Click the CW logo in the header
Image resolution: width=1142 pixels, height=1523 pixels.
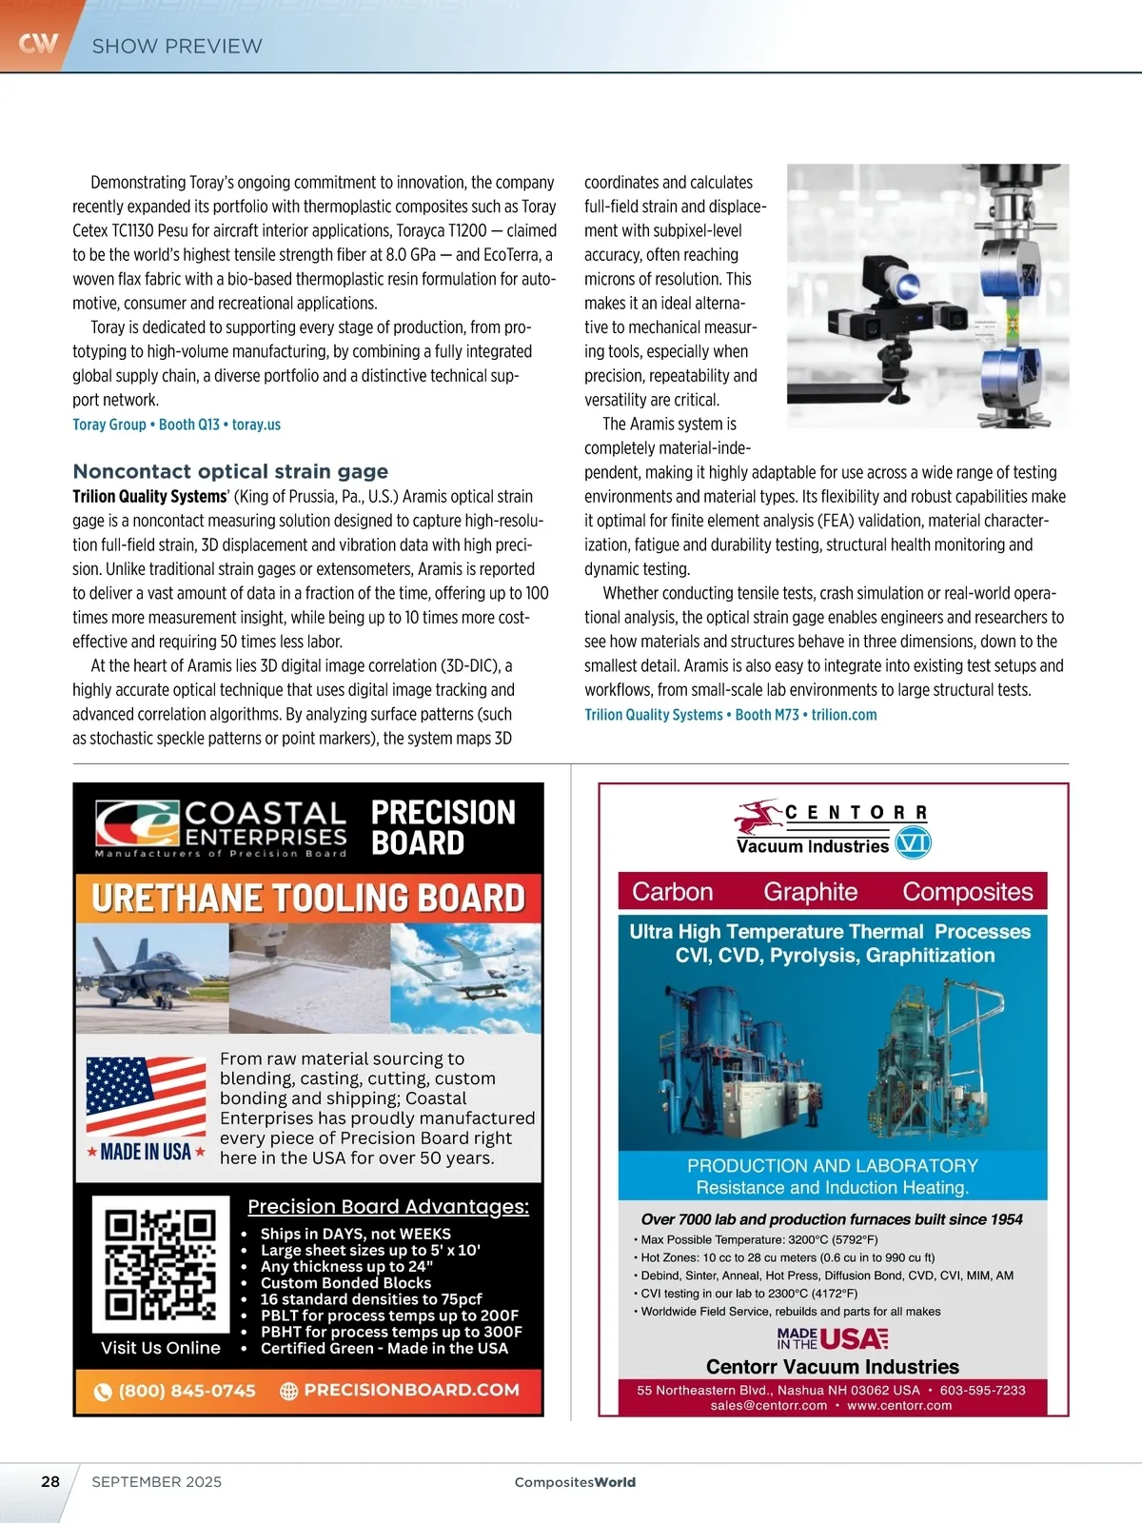pyautogui.click(x=38, y=43)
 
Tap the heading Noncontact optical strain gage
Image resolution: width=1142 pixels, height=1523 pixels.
pyautogui.click(x=230, y=471)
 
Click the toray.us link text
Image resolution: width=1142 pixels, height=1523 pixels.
pyautogui.click(x=256, y=425)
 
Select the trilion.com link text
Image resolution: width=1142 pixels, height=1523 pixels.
pyautogui.click(x=844, y=715)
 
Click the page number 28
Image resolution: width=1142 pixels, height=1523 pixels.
pyautogui.click(x=50, y=1481)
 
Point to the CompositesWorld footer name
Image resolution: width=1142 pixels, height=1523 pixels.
pyautogui.click(x=575, y=1482)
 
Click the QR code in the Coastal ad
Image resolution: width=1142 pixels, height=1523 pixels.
pyautogui.click(x=161, y=1263)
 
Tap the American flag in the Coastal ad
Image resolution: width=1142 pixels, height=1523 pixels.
pyautogui.click(x=146, y=1097)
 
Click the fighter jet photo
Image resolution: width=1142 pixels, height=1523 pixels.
pyautogui.click(x=152, y=979)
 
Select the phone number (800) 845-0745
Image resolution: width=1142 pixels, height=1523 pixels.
pyautogui.click(x=187, y=1391)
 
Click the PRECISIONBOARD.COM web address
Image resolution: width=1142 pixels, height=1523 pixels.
pyautogui.click(x=411, y=1390)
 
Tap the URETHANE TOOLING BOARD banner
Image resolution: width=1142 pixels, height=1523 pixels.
pyautogui.click(x=308, y=899)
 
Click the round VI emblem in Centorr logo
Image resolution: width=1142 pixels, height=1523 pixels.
pyautogui.click(x=914, y=842)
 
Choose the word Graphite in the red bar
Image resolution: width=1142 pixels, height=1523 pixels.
pyautogui.click(x=810, y=892)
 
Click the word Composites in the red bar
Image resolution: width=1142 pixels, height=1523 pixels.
pyautogui.click(x=967, y=892)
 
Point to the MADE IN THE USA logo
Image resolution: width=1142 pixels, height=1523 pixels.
pyautogui.click(x=833, y=1339)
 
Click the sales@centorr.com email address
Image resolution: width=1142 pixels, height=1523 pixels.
pyautogui.click(x=769, y=1406)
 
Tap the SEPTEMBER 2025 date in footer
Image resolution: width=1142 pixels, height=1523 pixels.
pyautogui.click(x=157, y=1482)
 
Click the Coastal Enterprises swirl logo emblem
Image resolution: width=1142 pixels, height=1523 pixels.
pyautogui.click(x=137, y=822)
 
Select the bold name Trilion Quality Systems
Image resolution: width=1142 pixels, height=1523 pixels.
pyautogui.click(x=149, y=497)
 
